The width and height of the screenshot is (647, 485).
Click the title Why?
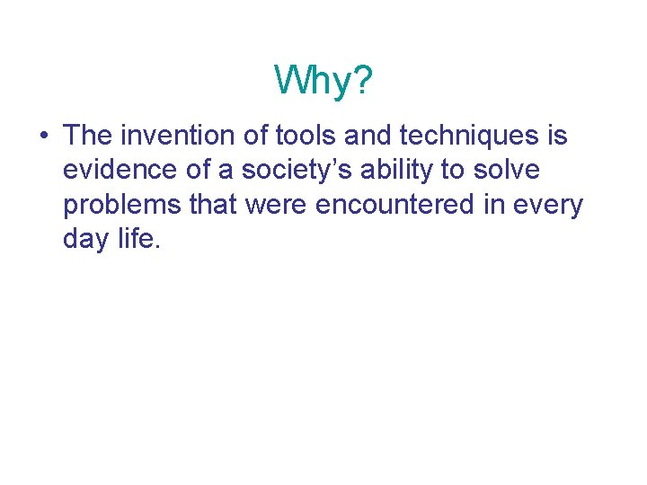pos(323,80)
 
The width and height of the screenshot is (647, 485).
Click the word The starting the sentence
pos(86,136)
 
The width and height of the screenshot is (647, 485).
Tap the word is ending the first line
pos(557,136)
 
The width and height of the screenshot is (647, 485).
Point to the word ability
pos(371,172)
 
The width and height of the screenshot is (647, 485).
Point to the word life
pos(140,240)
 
